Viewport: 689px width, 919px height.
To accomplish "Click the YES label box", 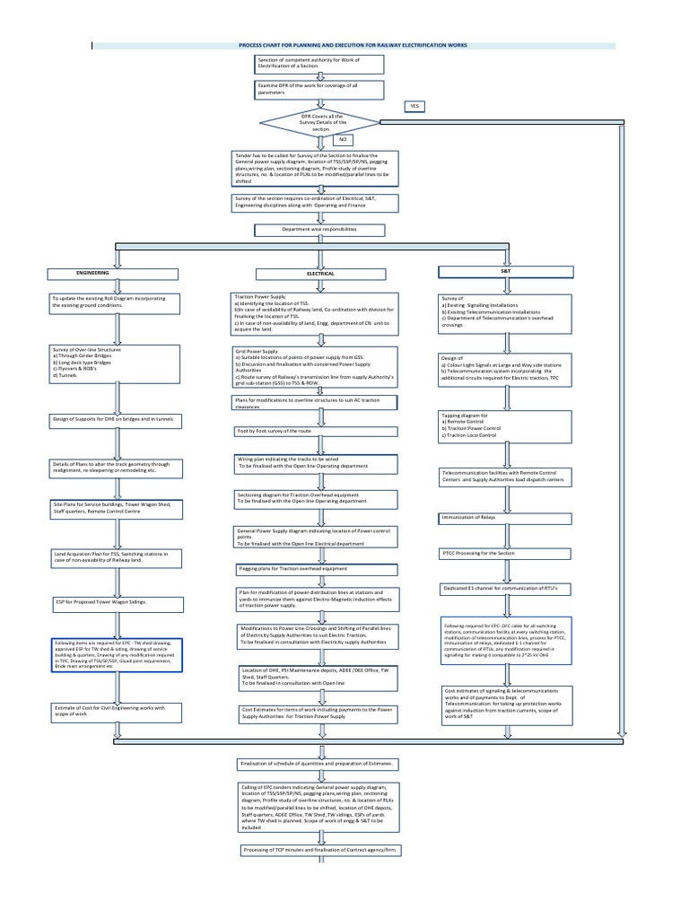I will click(414, 106).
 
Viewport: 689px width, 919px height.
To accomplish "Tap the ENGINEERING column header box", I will click(92, 272).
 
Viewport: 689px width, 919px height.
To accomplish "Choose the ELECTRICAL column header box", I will click(320, 273).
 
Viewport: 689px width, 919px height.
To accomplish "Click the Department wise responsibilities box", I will click(320, 230).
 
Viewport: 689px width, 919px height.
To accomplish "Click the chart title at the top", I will click(353, 45).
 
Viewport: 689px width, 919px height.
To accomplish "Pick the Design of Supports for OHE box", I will click(116, 419).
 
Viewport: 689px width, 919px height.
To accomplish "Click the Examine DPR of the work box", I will click(320, 89).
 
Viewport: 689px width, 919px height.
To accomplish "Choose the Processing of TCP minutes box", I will click(320, 848).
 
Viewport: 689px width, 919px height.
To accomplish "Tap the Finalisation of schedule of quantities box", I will click(320, 762).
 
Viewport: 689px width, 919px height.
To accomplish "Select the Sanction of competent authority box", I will click(320, 64).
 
